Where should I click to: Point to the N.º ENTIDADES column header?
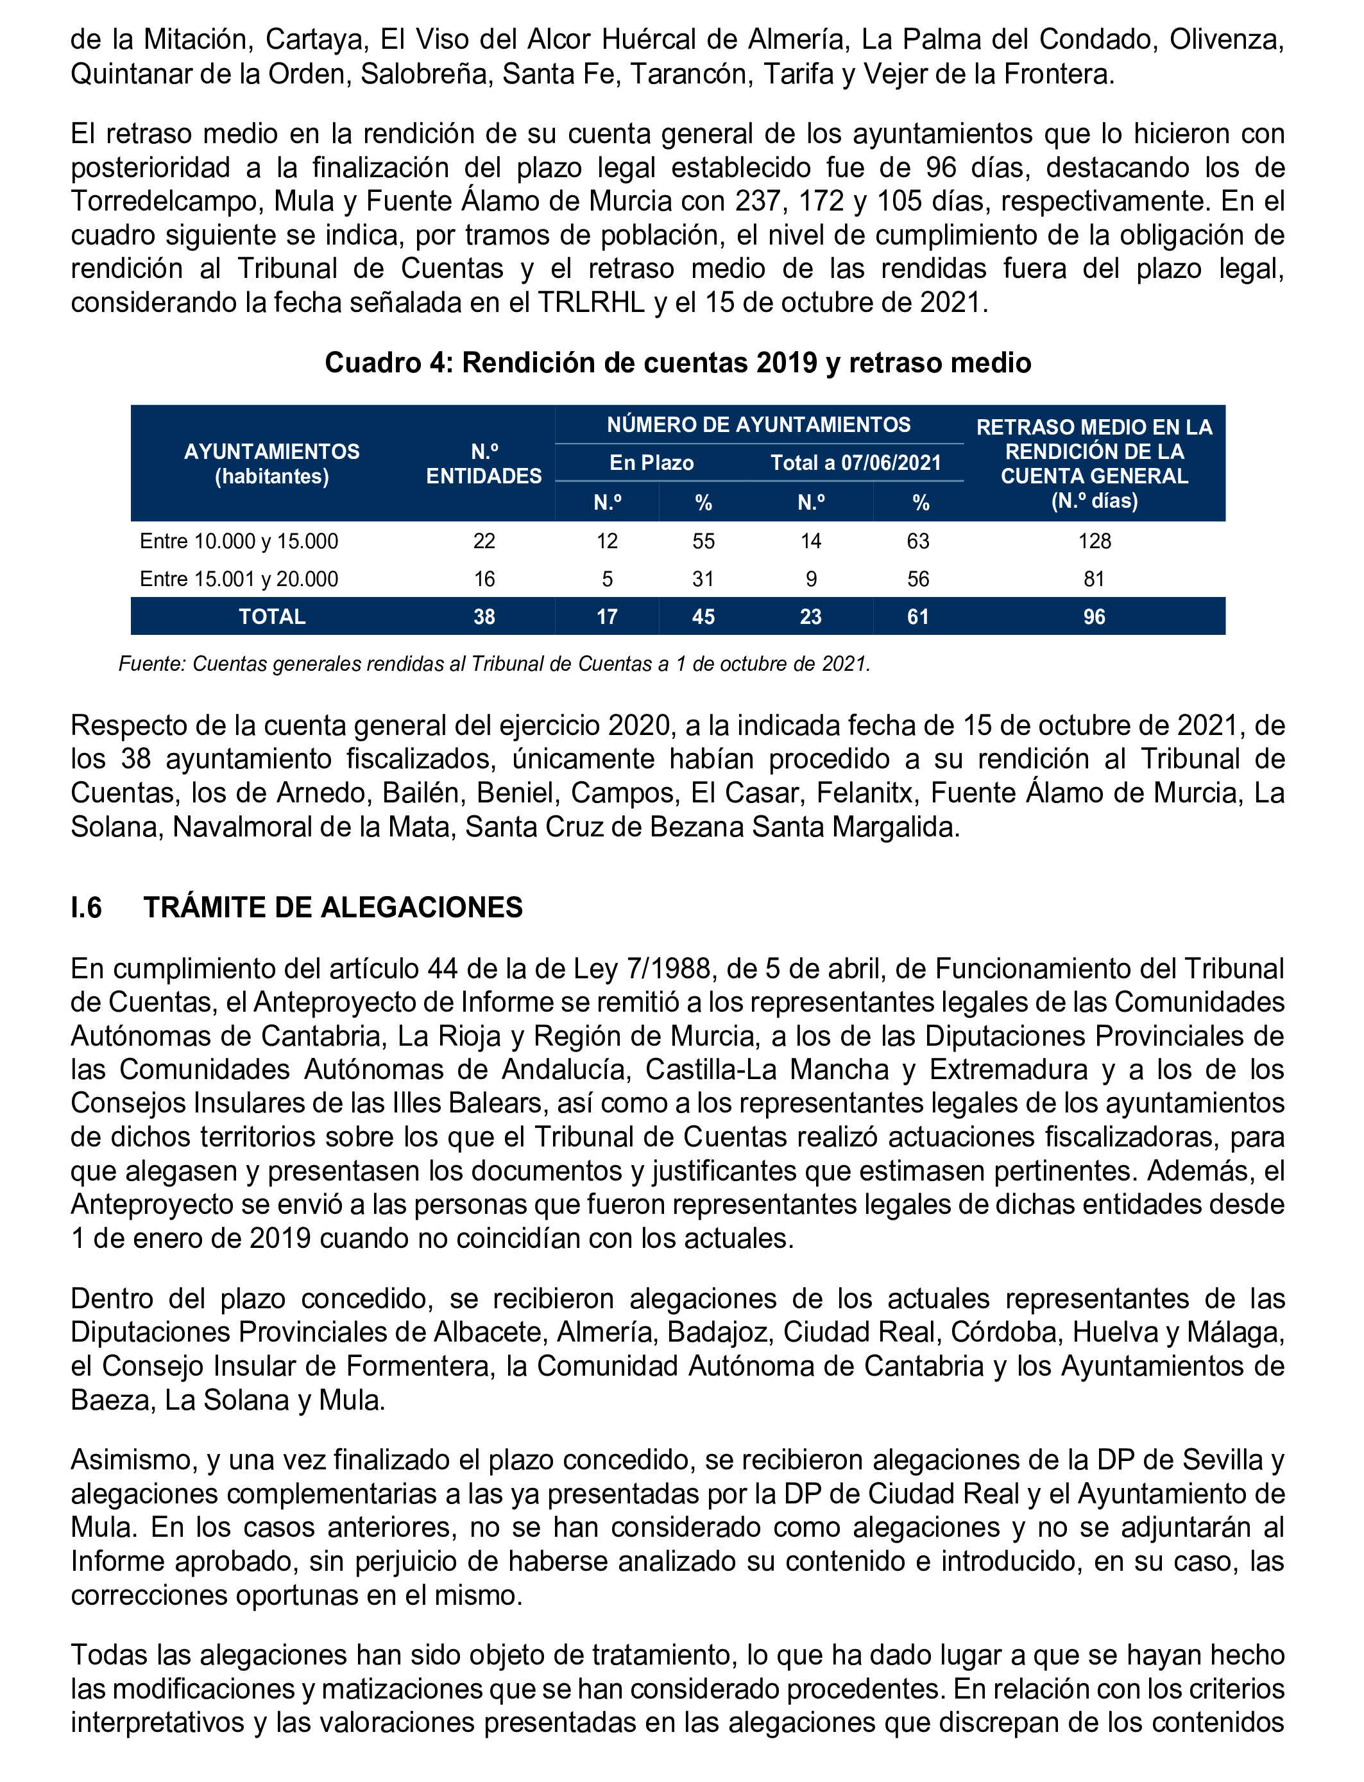point(484,463)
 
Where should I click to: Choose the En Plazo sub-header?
point(651,463)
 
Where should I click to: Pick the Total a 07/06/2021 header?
point(856,463)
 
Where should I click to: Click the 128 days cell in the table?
point(1094,541)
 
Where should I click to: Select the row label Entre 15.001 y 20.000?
point(239,579)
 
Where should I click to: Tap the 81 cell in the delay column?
point(1094,579)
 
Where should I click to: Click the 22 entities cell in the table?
point(484,541)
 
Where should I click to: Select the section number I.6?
point(86,907)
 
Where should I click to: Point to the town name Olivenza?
point(1226,39)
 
